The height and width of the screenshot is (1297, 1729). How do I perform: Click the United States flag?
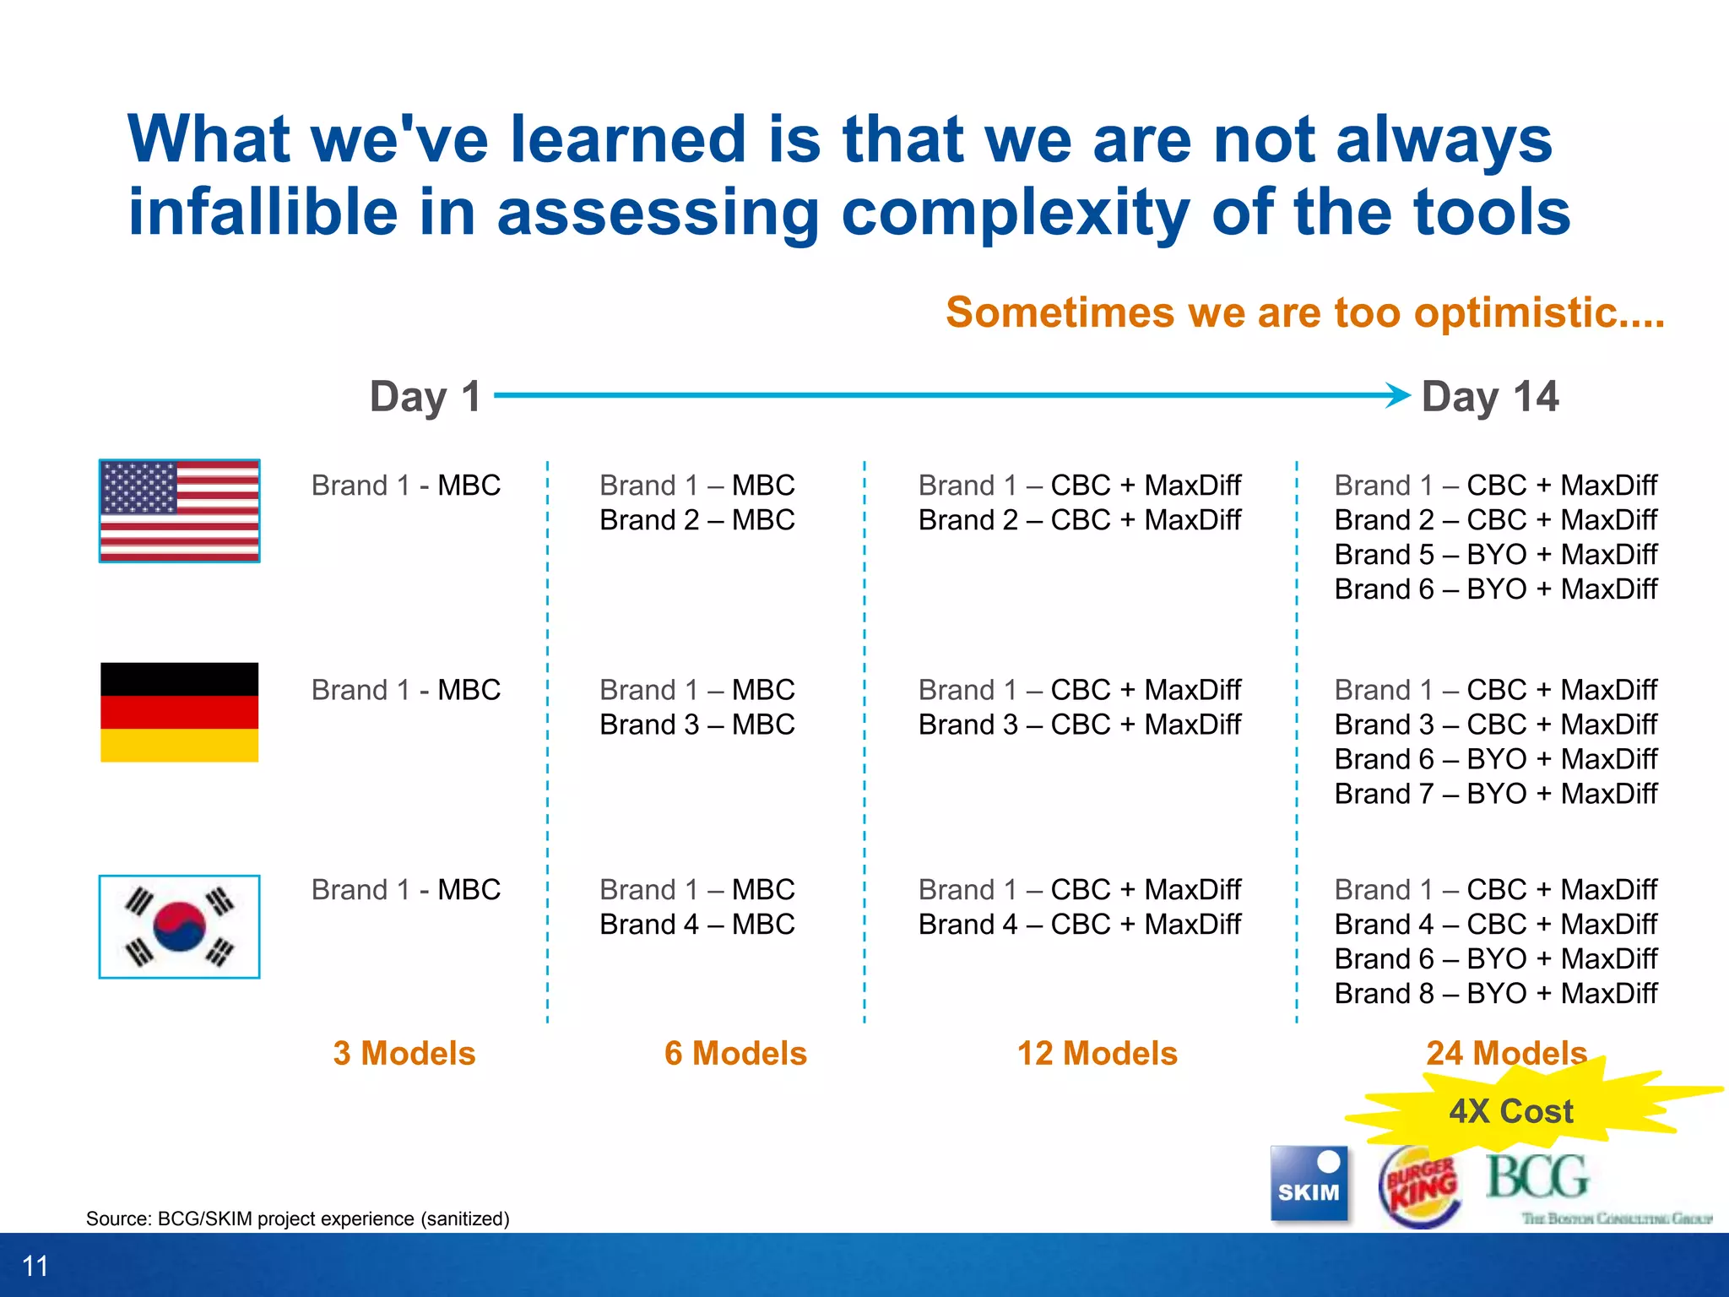tap(179, 511)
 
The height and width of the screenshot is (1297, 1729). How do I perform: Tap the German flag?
tap(179, 712)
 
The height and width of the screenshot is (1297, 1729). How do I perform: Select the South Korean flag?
tap(179, 926)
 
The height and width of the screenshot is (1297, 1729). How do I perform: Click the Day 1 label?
tap(425, 396)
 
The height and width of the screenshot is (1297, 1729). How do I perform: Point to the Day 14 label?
tap(1489, 396)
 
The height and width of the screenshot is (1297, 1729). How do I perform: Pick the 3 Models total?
tap(404, 1053)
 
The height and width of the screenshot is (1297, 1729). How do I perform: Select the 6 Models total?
tap(735, 1053)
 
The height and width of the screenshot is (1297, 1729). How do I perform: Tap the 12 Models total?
tap(1097, 1053)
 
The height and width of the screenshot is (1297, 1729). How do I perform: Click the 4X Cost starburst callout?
tap(1511, 1110)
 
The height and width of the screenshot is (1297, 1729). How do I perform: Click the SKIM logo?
tap(1309, 1183)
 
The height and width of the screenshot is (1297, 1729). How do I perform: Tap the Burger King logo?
tap(1420, 1186)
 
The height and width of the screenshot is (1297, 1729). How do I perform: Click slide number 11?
tap(35, 1266)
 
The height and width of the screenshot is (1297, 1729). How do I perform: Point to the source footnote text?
tap(297, 1218)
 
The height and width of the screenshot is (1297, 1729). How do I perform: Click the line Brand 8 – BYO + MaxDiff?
tap(1495, 993)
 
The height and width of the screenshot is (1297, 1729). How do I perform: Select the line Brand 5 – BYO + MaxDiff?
tap(1495, 554)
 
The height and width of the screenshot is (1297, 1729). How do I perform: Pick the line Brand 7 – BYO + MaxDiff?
tap(1495, 793)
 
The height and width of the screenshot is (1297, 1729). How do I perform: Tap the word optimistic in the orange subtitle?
tap(1514, 312)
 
